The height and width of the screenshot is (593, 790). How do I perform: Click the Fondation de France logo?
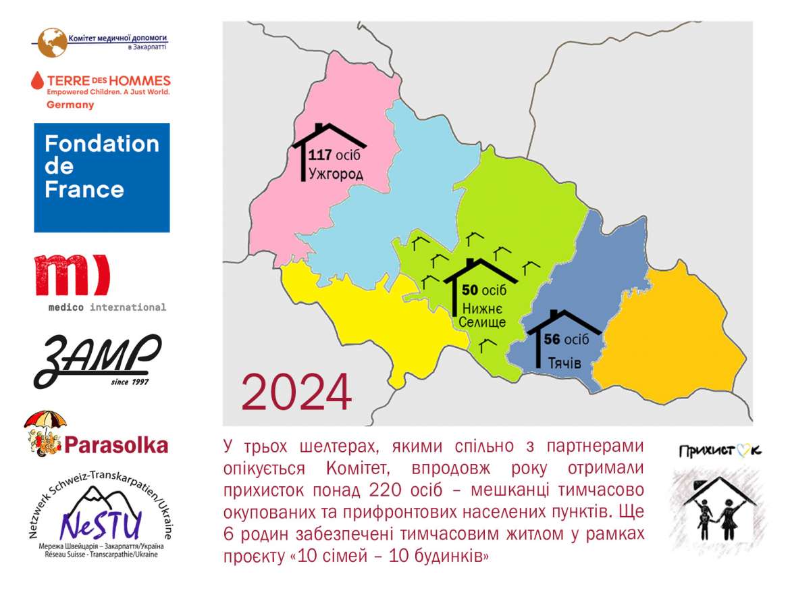[102, 178]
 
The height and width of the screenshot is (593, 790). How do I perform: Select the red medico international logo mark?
[72, 275]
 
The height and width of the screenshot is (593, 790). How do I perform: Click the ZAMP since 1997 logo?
[98, 361]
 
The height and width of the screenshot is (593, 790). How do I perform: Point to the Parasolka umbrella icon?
[45, 434]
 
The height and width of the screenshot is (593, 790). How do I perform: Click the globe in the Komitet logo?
[53, 43]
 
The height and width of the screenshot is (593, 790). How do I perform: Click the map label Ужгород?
[336, 174]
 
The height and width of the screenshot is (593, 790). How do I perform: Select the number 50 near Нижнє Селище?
[469, 290]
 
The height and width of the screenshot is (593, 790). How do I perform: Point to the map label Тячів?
[564, 363]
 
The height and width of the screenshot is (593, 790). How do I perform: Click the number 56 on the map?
[552, 339]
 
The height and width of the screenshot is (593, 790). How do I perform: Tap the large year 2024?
[296, 392]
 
